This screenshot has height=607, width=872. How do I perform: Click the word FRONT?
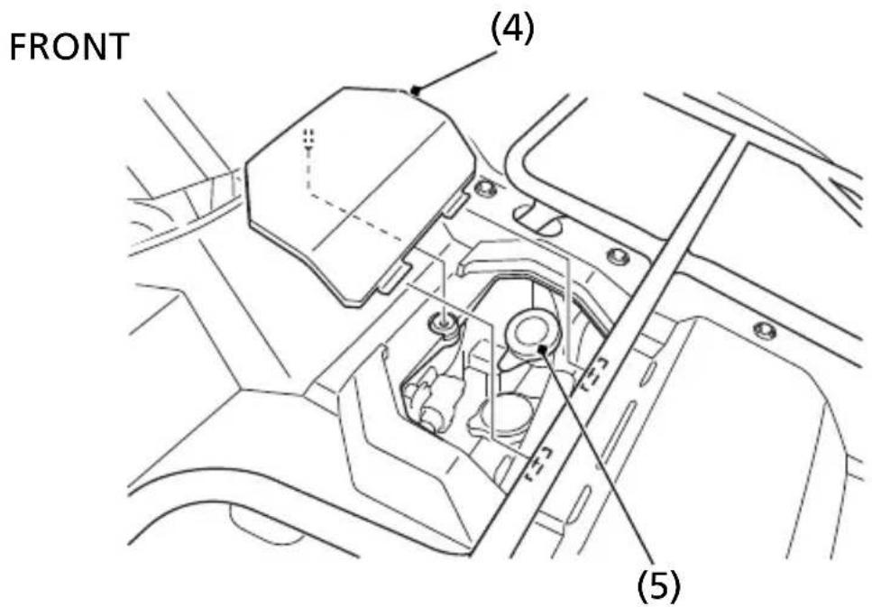click(x=69, y=47)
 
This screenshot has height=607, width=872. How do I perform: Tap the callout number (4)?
click(x=511, y=29)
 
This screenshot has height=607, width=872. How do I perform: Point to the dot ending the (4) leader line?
click(x=414, y=89)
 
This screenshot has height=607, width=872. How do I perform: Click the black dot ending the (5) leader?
click(x=542, y=349)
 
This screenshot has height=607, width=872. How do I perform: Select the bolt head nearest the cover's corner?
click(x=487, y=189)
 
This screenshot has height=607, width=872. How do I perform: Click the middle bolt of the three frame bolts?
click(x=619, y=256)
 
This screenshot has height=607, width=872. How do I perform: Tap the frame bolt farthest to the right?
click(x=765, y=330)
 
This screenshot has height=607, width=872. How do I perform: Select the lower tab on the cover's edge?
click(x=395, y=276)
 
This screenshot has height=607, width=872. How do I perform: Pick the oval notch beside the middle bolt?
click(x=537, y=218)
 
